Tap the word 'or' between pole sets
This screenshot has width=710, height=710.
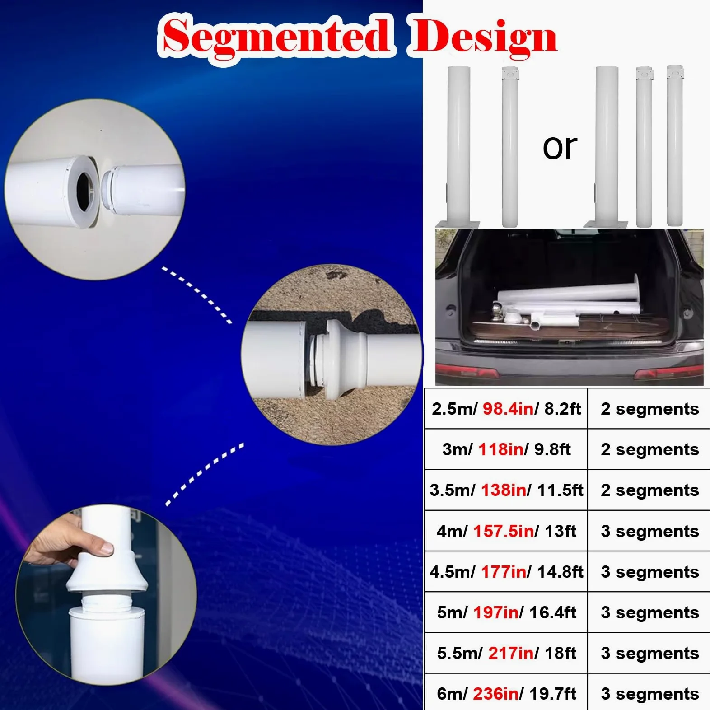[x=560, y=147]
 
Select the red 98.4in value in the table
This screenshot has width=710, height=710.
[x=508, y=408]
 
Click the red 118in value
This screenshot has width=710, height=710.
[x=501, y=449]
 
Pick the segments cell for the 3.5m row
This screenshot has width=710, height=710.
[x=649, y=490]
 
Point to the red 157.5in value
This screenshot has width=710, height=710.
[x=504, y=531]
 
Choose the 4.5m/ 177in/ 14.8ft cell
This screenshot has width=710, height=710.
[x=506, y=572]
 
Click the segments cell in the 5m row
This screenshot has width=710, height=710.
[x=649, y=612]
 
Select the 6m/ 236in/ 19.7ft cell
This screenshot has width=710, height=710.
[x=506, y=693]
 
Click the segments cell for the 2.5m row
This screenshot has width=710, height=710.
[x=649, y=409]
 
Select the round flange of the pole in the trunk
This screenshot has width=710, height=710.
[x=636, y=295]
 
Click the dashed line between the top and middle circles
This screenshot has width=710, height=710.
[x=197, y=294]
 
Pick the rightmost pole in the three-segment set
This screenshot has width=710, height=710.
[x=675, y=145]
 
